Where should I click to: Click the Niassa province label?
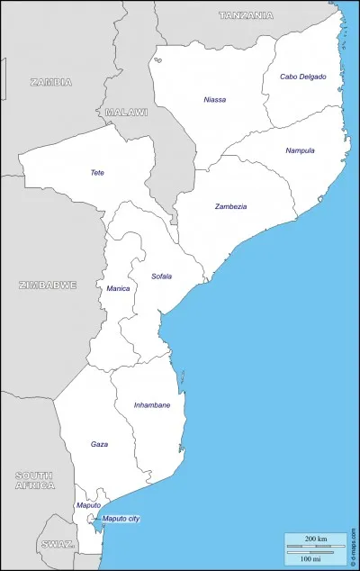[215, 99]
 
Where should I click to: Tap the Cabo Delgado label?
[302, 77]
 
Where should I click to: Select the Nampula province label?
[300, 150]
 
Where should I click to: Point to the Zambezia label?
[230, 206]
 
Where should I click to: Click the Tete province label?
[97, 172]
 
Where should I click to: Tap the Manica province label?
[118, 288]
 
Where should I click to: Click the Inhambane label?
[151, 405]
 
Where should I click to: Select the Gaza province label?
[99, 444]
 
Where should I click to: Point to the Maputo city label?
[121, 519]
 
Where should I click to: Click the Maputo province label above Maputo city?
[88, 505]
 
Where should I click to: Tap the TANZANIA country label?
[246, 15]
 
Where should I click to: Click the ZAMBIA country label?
[51, 81]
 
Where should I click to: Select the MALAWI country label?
[126, 112]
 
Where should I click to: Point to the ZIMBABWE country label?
[48, 285]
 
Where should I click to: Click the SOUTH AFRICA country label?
[34, 479]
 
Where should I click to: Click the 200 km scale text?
[316, 538]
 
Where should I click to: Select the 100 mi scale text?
[316, 559]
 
